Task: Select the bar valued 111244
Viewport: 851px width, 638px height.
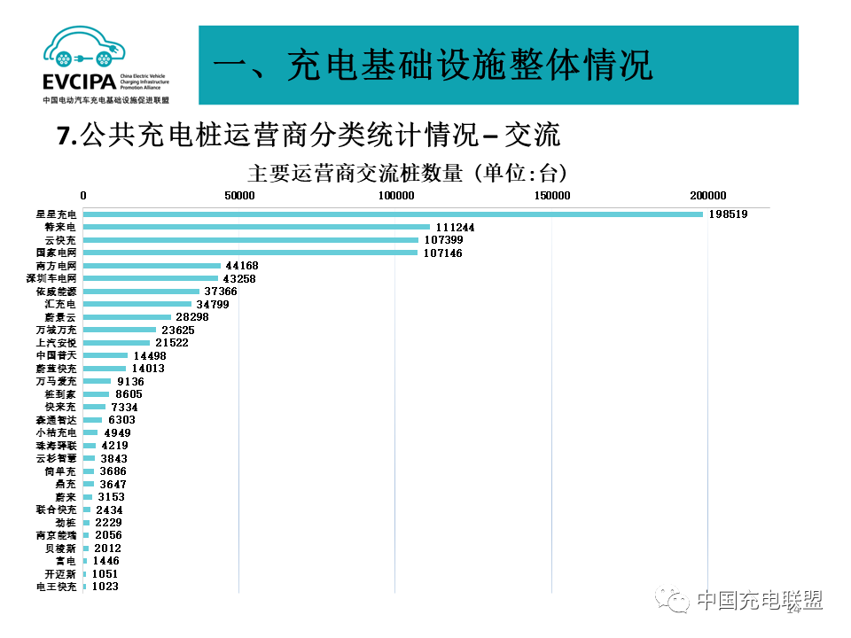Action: click(x=257, y=227)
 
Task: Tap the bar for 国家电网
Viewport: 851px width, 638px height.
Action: click(x=251, y=253)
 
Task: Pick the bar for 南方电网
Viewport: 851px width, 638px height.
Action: click(x=152, y=265)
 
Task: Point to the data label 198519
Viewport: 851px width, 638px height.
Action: click(x=730, y=214)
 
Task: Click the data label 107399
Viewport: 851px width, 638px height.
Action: click(x=442, y=240)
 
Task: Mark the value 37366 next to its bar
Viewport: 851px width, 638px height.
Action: click(x=222, y=291)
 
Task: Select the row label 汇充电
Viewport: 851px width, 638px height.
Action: click(x=62, y=304)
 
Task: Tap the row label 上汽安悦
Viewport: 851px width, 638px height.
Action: click(x=57, y=342)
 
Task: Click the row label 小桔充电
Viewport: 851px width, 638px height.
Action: click(x=57, y=432)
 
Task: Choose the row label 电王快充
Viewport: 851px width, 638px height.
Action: click(x=57, y=587)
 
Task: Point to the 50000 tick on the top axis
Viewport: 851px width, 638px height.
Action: click(x=239, y=196)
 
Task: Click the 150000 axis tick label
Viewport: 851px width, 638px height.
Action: click(x=551, y=196)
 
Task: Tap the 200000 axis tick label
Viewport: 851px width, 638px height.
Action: click(x=708, y=196)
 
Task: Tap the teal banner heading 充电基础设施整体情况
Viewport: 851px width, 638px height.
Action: click(x=434, y=66)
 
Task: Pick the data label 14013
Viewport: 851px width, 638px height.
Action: click(x=146, y=368)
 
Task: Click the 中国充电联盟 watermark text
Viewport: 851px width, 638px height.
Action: click(x=759, y=600)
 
